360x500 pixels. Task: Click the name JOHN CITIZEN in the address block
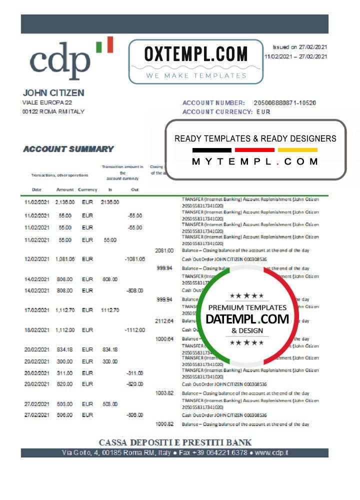53,93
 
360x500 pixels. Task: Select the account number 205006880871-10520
285,102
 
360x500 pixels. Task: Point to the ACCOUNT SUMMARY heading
68,149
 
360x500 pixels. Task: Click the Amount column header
65,190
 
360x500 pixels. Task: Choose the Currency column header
87,190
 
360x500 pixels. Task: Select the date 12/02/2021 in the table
36,259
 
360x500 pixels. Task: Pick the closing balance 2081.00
164,250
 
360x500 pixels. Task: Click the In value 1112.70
109,310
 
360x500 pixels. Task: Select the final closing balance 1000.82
164,424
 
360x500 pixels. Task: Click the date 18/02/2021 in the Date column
36,330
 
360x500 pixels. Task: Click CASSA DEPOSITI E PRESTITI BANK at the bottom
175,442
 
